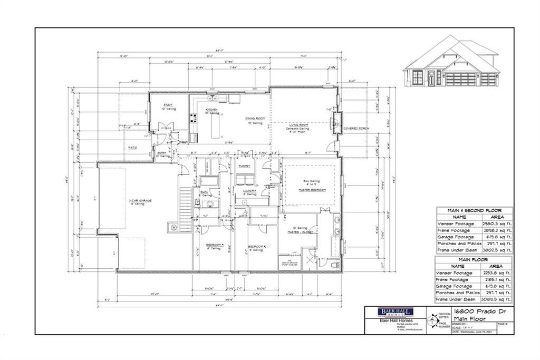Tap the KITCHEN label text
point(197,110)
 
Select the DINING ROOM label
point(254,119)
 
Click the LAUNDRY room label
point(249,190)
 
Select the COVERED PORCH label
point(354,129)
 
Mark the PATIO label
point(132,148)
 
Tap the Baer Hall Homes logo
point(390,312)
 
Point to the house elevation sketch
point(451,63)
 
